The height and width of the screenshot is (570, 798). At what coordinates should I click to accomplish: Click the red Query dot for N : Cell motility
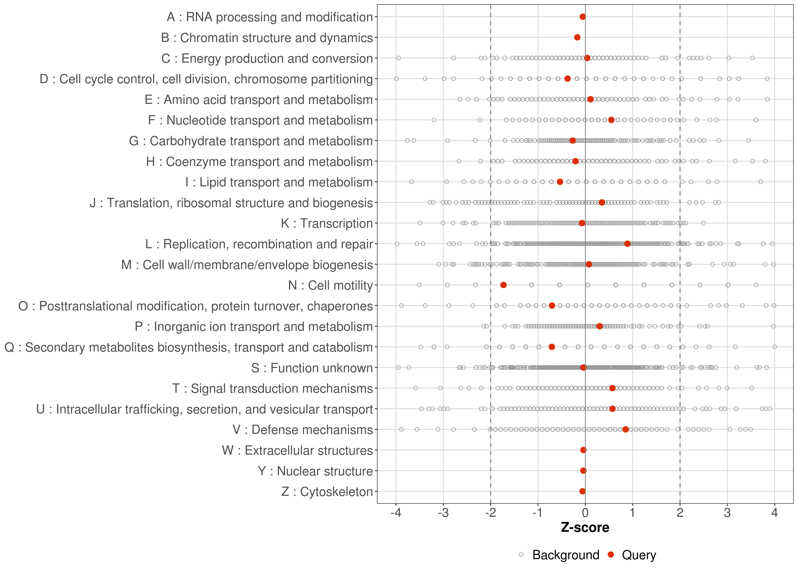point(503,285)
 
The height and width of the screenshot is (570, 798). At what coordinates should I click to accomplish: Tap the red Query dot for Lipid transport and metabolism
point(560,182)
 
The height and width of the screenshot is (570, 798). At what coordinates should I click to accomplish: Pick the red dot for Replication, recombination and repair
point(627,244)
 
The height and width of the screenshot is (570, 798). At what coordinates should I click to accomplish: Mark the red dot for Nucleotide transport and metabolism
point(611,120)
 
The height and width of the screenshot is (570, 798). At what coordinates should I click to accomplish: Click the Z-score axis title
point(585,527)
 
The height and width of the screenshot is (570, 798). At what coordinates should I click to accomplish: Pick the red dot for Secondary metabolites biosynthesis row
point(552,347)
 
